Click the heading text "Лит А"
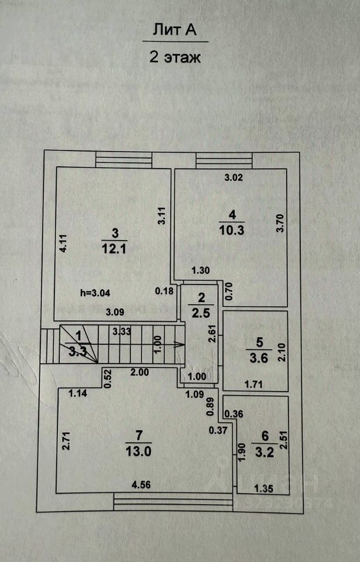tap(175, 30)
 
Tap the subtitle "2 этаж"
tap(175, 57)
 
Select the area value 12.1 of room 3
tap(115, 248)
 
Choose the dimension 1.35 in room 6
tap(264, 486)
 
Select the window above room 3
tap(124, 160)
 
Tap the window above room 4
tap(224, 160)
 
